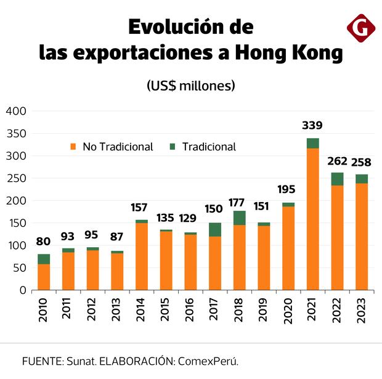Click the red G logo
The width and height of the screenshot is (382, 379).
[361, 28]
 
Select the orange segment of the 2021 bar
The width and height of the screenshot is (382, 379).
[312, 219]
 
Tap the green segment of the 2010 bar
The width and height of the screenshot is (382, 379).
[44, 259]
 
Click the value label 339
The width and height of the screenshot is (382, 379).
[312, 126]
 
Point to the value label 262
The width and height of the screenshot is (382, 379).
[337, 161]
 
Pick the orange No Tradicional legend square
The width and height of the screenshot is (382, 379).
[73, 147]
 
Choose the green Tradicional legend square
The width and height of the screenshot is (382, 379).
[173, 147]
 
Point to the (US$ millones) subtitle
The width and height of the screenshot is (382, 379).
[191, 86]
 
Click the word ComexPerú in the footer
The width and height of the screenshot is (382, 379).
[208, 361]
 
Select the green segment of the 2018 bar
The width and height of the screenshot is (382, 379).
[239, 218]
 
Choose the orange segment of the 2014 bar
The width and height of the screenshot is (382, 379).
[142, 256]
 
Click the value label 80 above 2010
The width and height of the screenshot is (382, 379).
[44, 241]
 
